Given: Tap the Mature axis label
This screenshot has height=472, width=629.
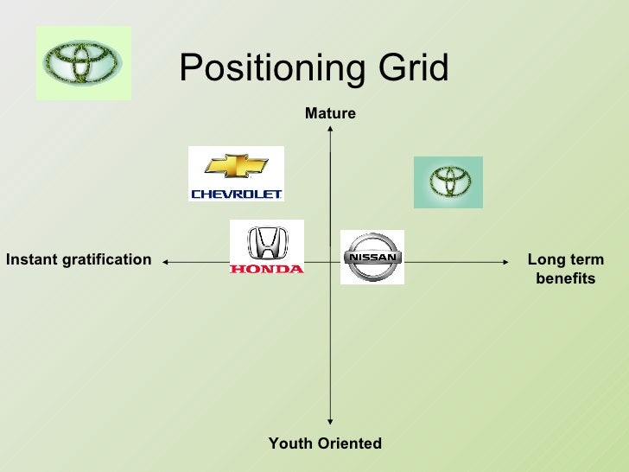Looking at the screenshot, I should [x=330, y=114].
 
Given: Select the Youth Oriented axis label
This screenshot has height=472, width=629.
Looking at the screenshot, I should [x=325, y=443].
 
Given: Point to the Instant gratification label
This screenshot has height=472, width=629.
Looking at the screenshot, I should [x=79, y=259].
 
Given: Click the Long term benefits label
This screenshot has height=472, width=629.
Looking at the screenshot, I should [x=566, y=269].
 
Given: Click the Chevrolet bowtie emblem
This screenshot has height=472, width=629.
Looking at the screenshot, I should [x=236, y=166].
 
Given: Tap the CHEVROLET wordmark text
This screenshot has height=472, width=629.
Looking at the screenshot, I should [x=236, y=195].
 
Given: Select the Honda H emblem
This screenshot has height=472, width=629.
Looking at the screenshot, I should [x=267, y=243].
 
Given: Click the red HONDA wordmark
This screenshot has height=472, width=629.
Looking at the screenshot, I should [x=267, y=269].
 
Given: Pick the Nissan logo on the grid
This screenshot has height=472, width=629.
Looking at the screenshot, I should [x=372, y=257].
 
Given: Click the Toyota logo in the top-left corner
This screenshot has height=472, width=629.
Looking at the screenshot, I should [x=84, y=62].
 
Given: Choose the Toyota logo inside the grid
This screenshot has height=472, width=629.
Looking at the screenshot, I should [x=448, y=182].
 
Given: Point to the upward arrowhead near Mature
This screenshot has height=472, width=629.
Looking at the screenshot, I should [x=330, y=131].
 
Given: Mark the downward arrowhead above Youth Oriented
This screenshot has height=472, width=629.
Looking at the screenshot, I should [x=330, y=420].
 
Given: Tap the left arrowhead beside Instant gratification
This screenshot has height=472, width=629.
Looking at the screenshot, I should [x=165, y=260].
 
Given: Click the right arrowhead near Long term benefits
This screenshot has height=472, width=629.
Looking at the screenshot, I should [x=506, y=260].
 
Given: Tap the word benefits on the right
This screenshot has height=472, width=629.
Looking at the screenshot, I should [x=566, y=279].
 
